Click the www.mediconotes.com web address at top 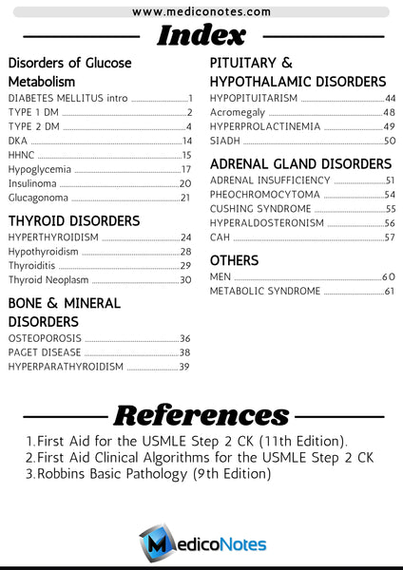pos(201,12)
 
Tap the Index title pos(201,36)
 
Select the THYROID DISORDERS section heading pos(73,220)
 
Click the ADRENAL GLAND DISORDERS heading pos(300,163)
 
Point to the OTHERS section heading pos(234,259)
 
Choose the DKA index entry pos(19,141)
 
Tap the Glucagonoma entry pos(38,198)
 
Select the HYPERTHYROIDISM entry pos(53,237)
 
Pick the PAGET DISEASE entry pos(45,352)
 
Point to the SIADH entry pos(225,141)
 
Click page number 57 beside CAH pos(389,237)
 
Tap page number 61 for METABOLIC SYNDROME pos(389,291)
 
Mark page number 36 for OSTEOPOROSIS pos(185,338)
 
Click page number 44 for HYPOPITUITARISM pos(390,98)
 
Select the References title pos(201,414)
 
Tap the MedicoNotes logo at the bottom pos(201,544)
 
